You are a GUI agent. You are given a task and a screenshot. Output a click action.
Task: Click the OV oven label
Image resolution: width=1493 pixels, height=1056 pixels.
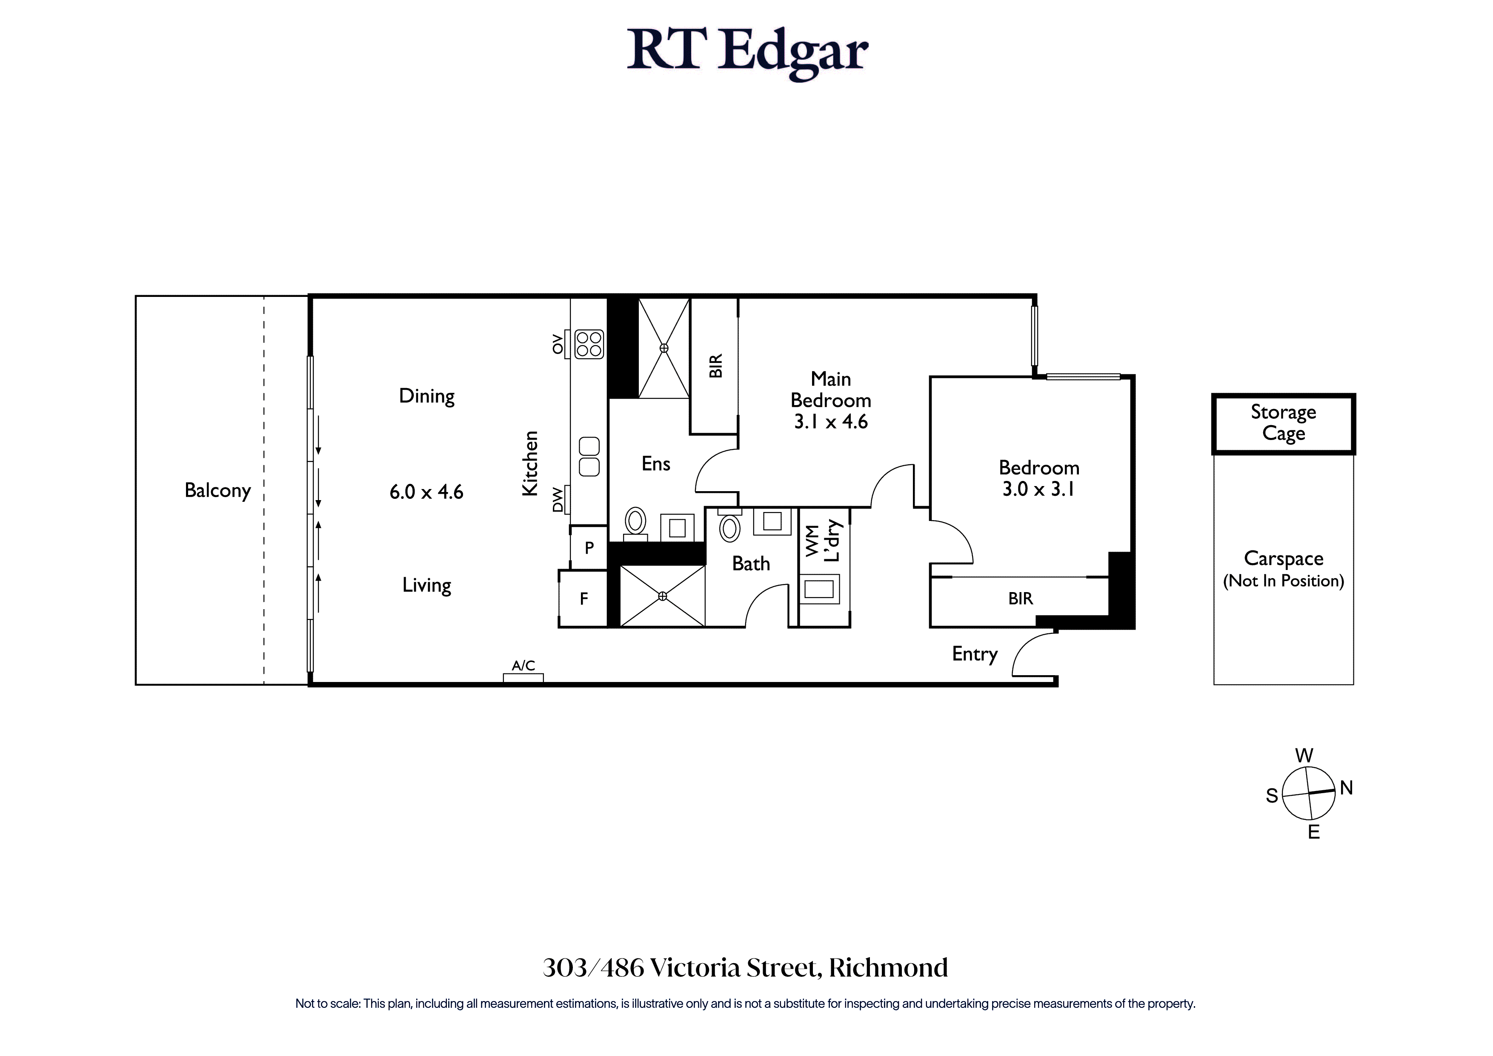click(x=557, y=343)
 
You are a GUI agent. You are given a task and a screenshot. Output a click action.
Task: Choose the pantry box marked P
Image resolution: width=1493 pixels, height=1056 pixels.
click(x=589, y=547)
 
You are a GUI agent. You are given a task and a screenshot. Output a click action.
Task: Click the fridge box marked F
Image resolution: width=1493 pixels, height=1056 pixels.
click(x=583, y=598)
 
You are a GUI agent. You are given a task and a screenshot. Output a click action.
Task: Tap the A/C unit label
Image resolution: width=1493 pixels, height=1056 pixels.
click(x=523, y=665)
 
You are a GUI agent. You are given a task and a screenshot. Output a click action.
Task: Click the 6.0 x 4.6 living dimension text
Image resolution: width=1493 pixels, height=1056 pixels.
click(x=426, y=492)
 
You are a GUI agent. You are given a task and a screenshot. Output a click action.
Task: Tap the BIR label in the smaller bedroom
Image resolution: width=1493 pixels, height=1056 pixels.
click(x=1020, y=598)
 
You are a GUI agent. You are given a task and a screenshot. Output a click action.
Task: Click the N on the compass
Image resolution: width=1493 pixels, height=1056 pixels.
click(x=1346, y=788)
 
